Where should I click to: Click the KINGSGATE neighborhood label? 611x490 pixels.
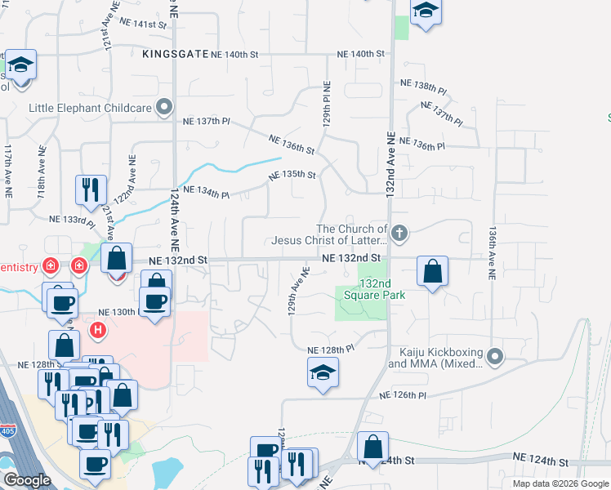pos(174,55)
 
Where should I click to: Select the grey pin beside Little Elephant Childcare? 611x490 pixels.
pos(165,107)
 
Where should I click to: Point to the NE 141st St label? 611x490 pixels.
pos(142,24)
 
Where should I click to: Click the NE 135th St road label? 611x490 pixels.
pos(293,175)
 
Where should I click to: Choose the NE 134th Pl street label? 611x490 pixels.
pos(207,192)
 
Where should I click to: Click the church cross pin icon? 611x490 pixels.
pos(399,234)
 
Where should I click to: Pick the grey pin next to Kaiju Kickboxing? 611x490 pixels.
pos(496,357)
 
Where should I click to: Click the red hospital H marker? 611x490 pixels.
pos(97,330)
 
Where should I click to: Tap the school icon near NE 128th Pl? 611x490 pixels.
pos(323,374)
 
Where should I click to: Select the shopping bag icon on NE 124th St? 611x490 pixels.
pos(372,447)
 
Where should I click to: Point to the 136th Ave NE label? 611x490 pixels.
pos(493,254)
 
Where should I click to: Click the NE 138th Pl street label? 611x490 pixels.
pos(423,84)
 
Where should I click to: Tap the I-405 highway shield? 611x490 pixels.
pos(8,433)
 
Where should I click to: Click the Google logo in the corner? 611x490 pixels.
pos(28,480)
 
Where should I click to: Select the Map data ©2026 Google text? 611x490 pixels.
pos(560,483)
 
